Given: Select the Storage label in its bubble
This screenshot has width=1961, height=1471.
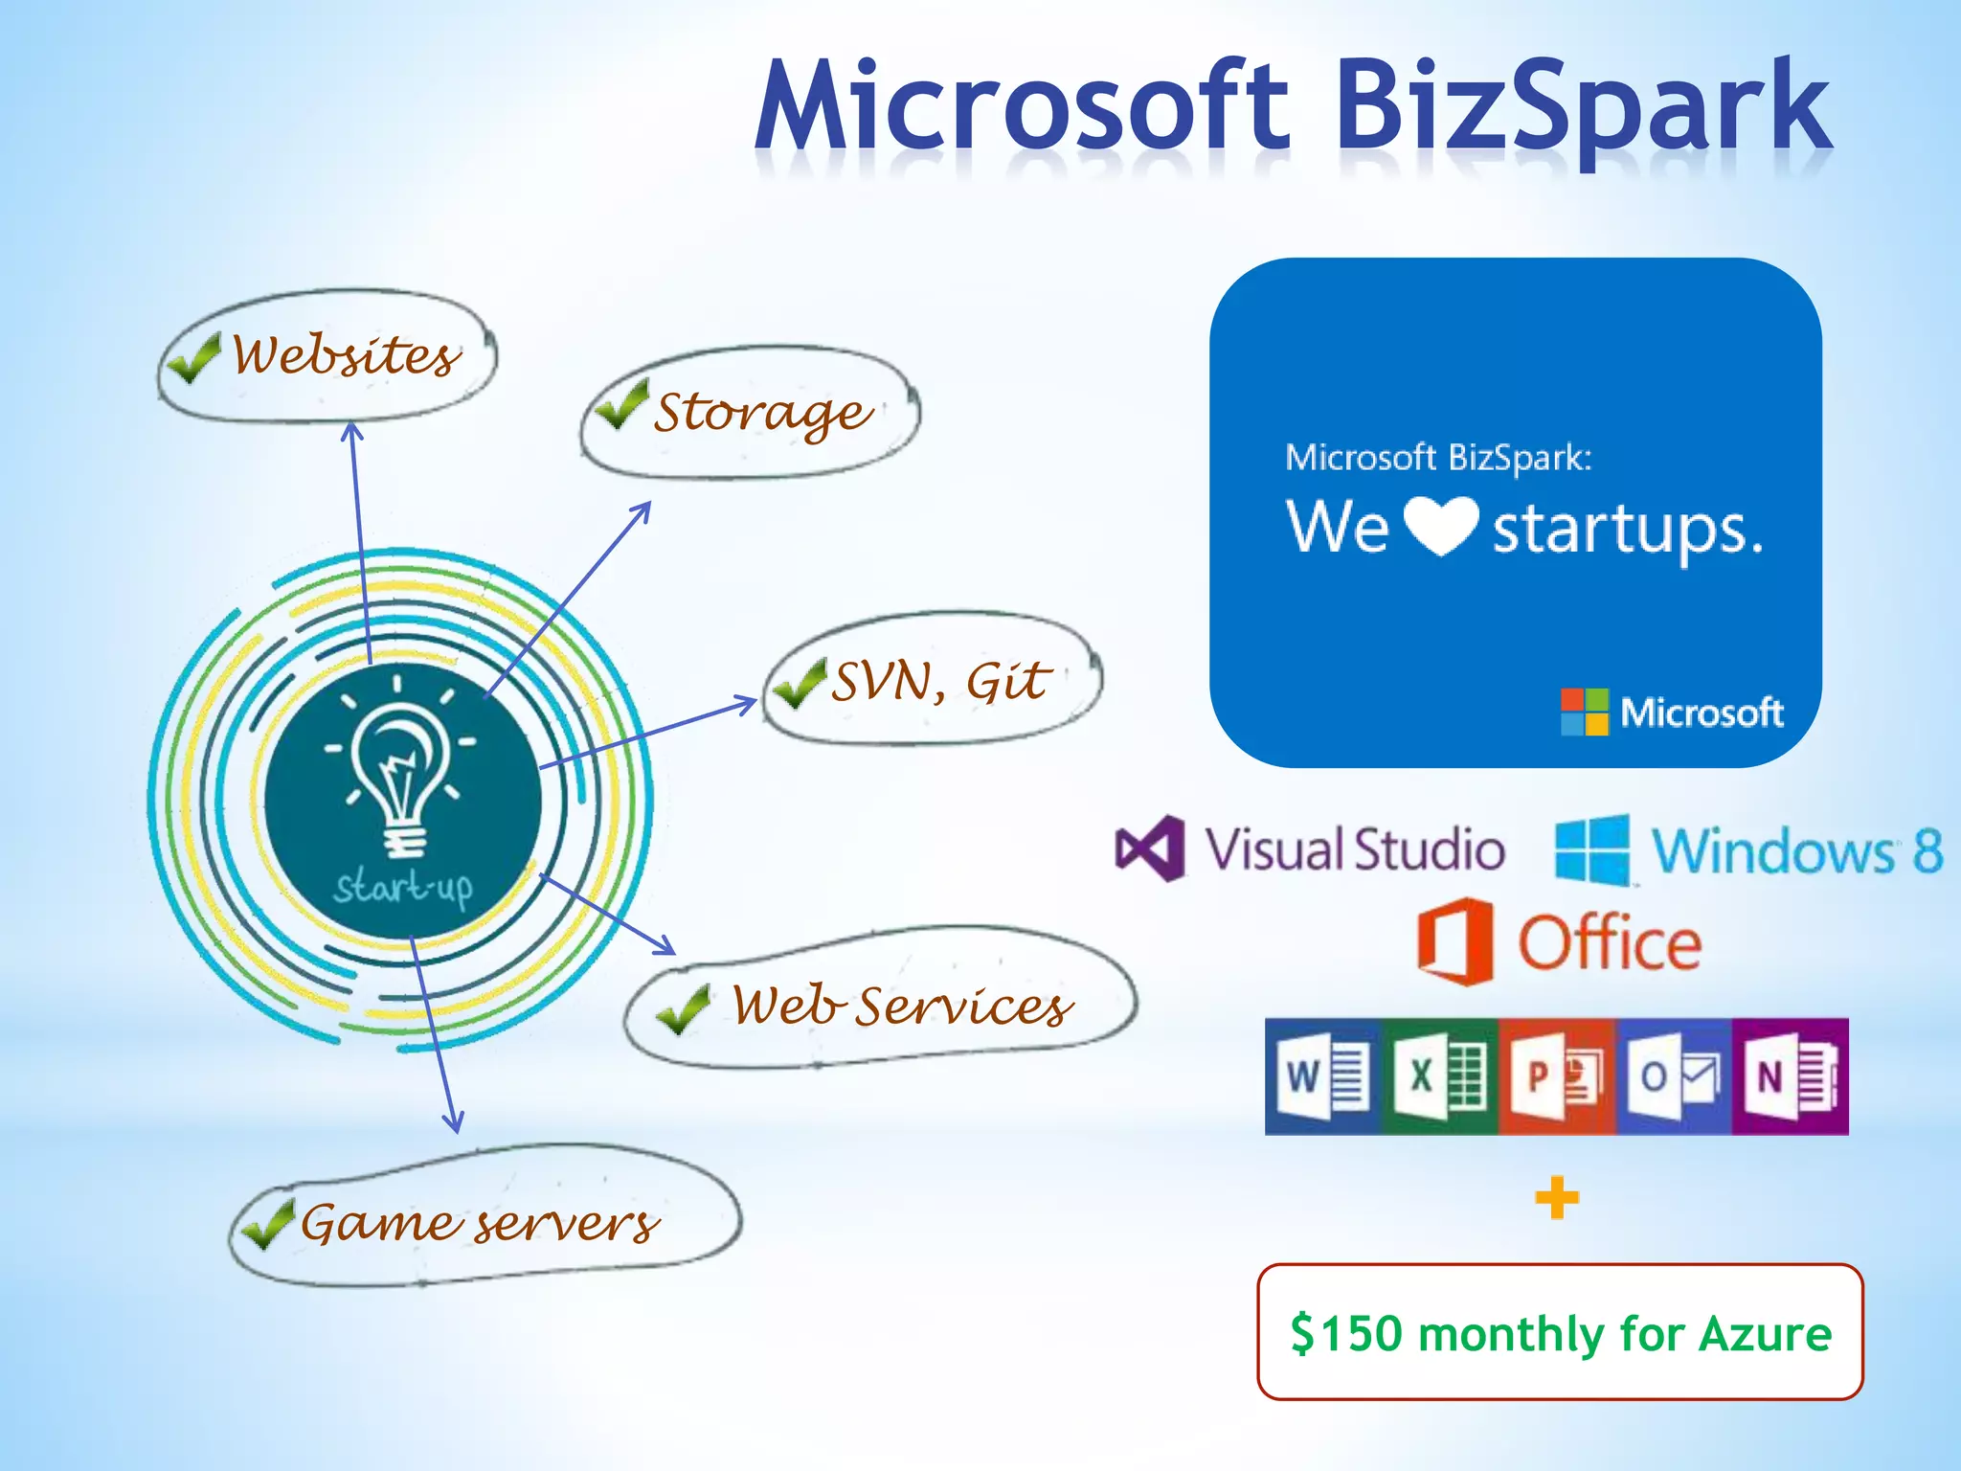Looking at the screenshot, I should point(762,413).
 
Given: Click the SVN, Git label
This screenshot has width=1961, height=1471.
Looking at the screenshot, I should point(940,682).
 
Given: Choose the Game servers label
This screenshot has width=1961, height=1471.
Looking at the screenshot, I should point(480,1224).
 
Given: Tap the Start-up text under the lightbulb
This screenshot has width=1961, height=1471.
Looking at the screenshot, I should point(403,888).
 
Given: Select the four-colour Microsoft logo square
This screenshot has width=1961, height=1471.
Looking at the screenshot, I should point(1585,712).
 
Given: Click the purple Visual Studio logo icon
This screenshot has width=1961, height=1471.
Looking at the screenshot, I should point(1149,849).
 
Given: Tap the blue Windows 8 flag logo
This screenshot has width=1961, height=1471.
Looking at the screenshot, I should point(1592,849).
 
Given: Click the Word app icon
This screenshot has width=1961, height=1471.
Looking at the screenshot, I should point(1322,1076).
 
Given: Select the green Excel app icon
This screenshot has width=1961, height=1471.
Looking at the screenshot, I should point(1439,1076).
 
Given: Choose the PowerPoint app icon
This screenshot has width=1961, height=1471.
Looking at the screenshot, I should point(1557,1076).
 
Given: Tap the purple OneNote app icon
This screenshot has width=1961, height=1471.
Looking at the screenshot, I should point(1790,1076).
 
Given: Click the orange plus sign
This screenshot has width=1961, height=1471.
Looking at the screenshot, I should point(1557,1198).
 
